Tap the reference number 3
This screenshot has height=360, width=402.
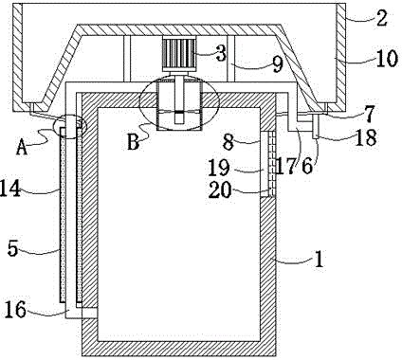(220, 52)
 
